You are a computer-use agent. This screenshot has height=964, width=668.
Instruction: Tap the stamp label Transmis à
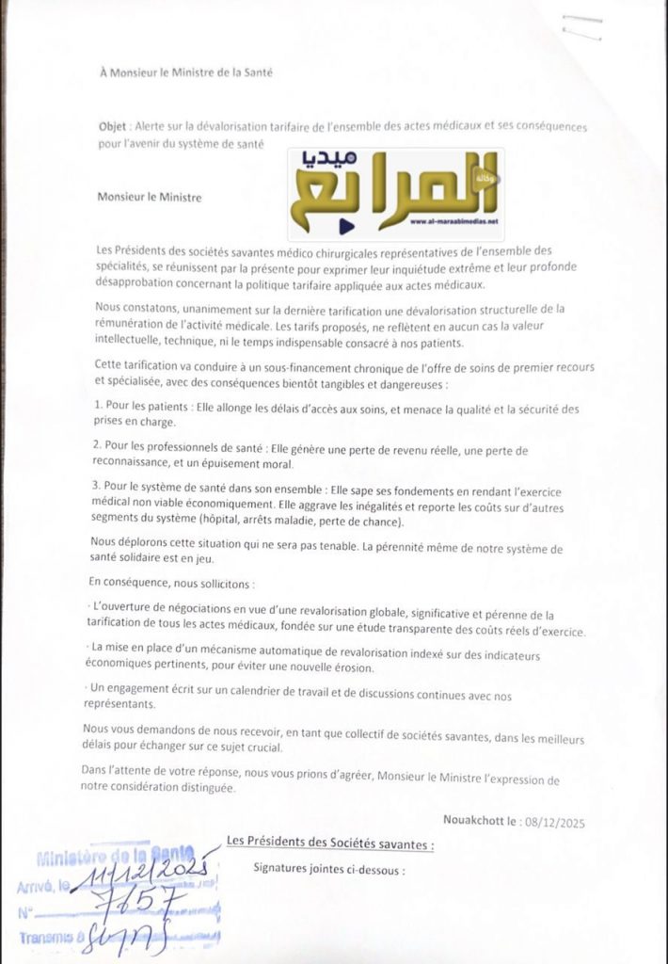pos(52,938)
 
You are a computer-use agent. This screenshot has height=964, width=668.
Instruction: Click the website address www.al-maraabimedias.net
pos(454,222)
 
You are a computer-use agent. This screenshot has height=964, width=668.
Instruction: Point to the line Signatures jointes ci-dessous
pos(328,870)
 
